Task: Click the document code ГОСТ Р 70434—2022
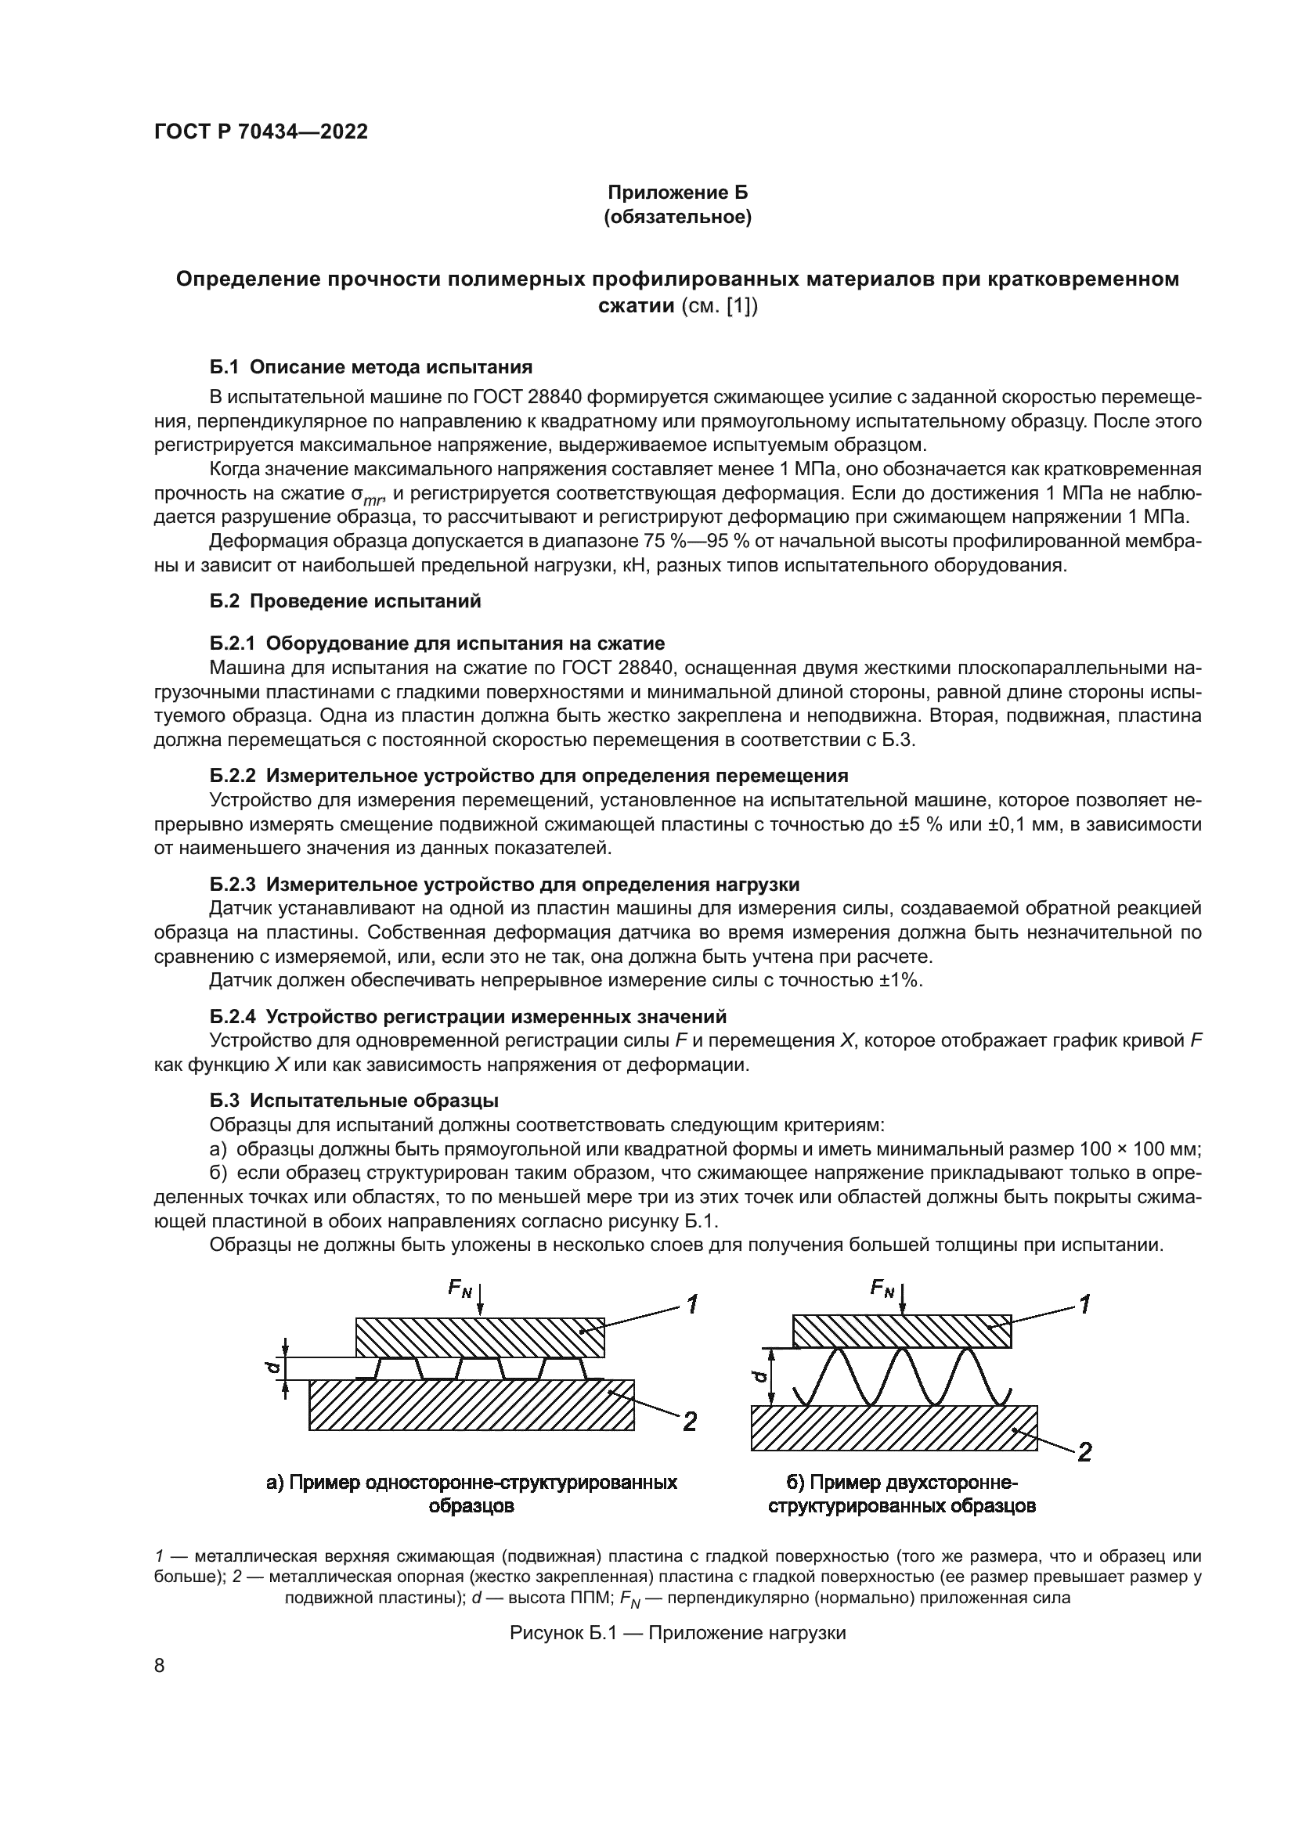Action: pyautogui.click(x=261, y=132)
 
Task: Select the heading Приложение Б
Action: pyautogui.click(x=678, y=193)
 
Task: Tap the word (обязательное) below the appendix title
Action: pyautogui.click(x=678, y=217)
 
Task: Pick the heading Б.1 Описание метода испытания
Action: pyautogui.click(x=371, y=367)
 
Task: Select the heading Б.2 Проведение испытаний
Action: pyautogui.click(x=345, y=601)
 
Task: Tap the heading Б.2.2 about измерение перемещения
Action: pyautogui.click(x=528, y=775)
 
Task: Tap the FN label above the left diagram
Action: pyautogui.click(x=460, y=1288)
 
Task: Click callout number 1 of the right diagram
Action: pyautogui.click(x=1084, y=1305)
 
